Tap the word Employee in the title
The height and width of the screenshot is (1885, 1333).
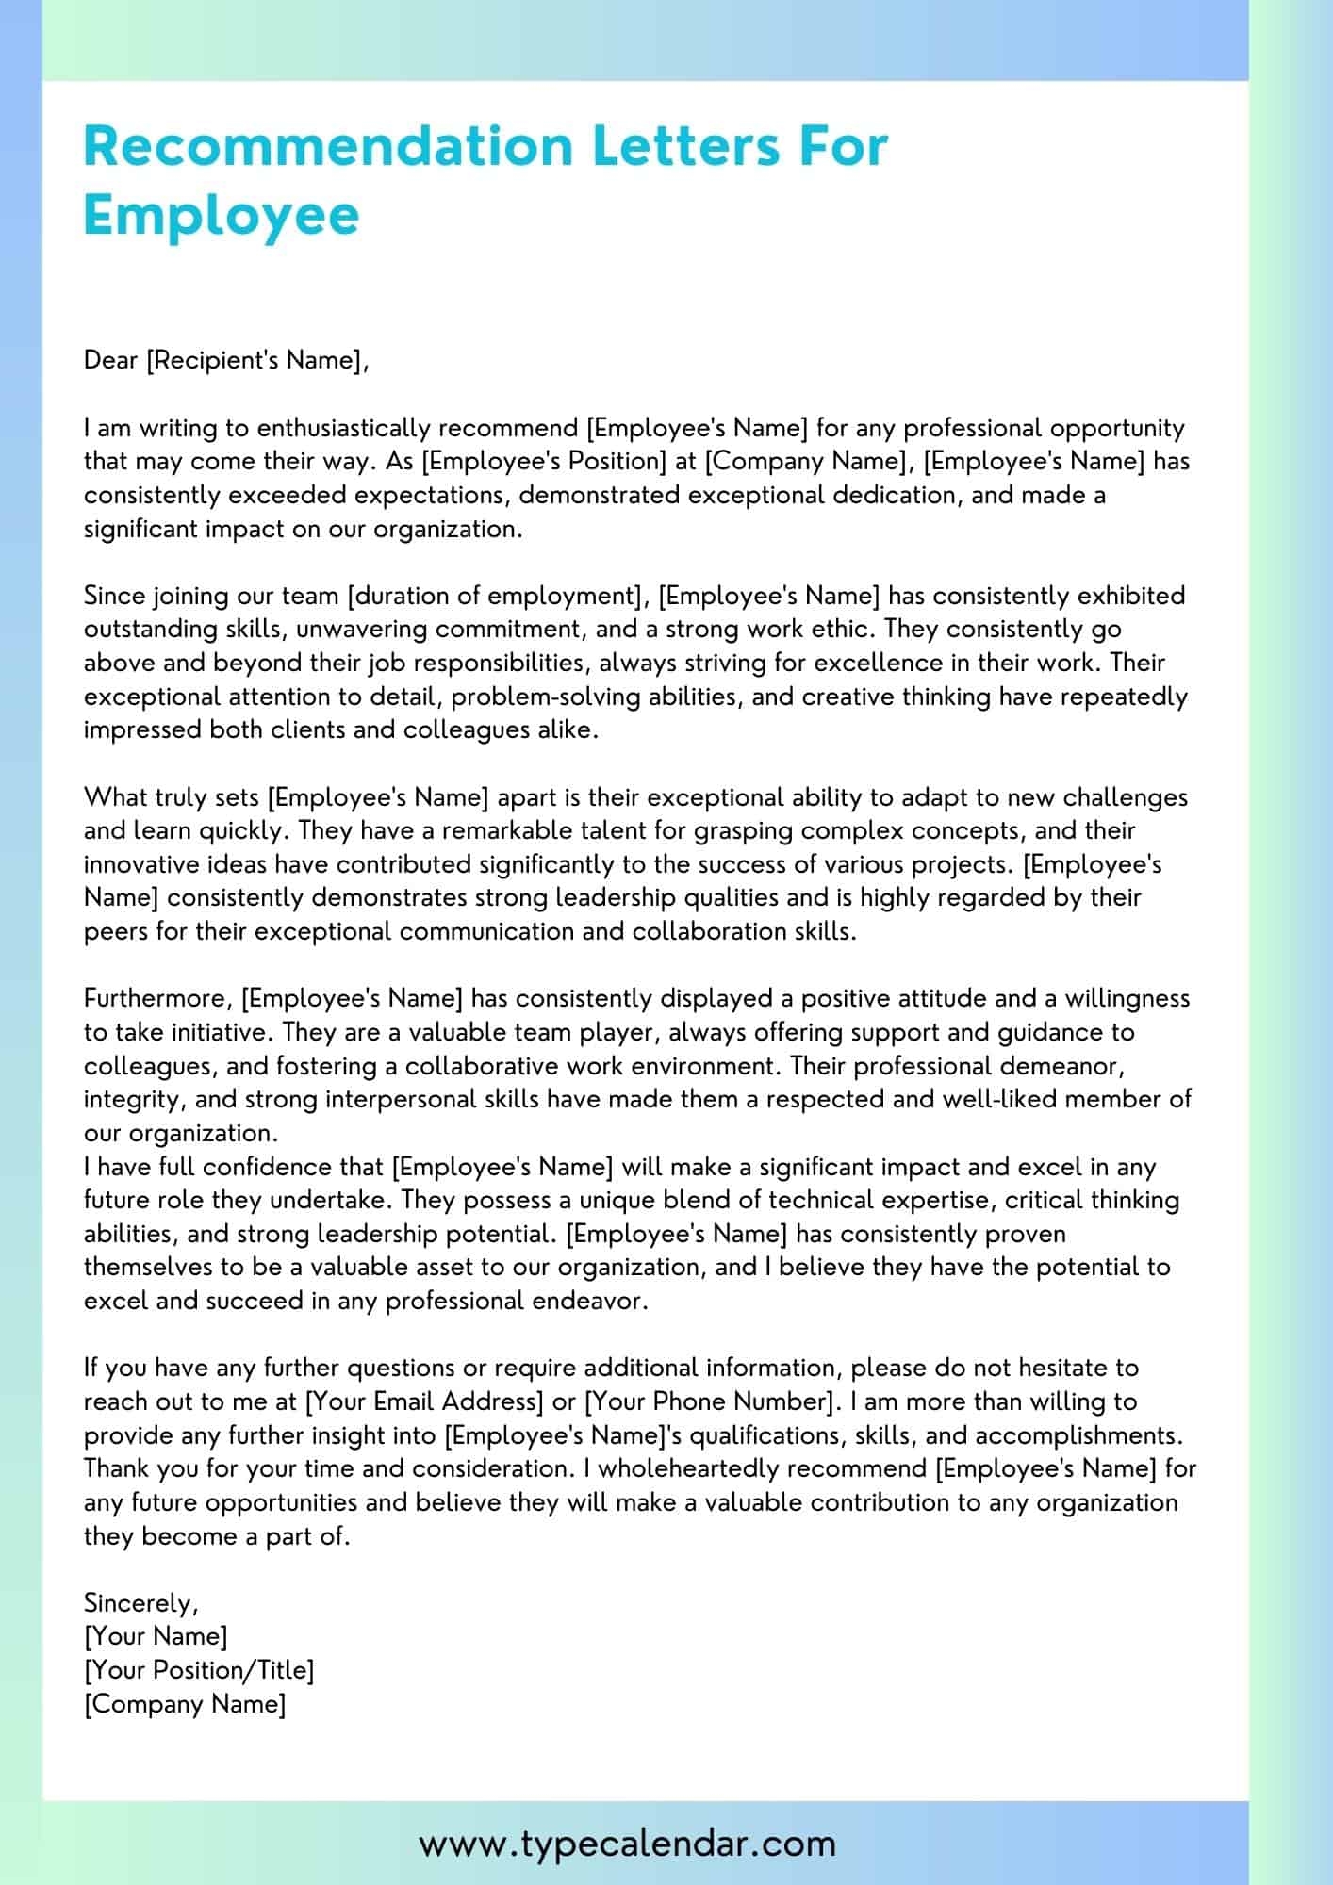pyautogui.click(x=222, y=215)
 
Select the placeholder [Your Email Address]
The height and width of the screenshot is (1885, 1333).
pyautogui.click(x=425, y=1401)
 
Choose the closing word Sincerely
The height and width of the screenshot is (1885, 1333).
pyautogui.click(x=140, y=1603)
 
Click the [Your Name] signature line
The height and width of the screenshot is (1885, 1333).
pyautogui.click(x=156, y=1636)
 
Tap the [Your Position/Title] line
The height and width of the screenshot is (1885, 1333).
pyautogui.click(x=199, y=1670)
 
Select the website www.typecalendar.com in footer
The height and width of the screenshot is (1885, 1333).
pyautogui.click(x=627, y=1843)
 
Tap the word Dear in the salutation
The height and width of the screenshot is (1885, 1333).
pyautogui.click(x=111, y=361)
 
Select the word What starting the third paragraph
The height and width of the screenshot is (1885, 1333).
pyautogui.click(x=116, y=797)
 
